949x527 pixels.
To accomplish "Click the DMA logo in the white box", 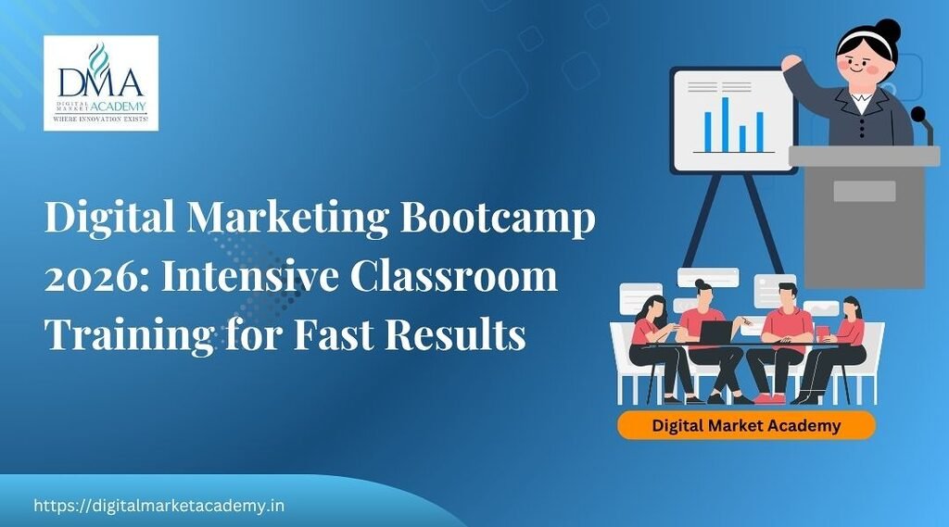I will (100, 82).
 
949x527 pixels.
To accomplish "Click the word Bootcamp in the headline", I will (499, 220).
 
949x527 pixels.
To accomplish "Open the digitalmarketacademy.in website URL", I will (158, 506).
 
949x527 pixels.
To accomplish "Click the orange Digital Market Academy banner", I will (746, 426).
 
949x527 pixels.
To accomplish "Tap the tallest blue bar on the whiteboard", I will (725, 123).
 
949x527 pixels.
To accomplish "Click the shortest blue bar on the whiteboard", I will (742, 138).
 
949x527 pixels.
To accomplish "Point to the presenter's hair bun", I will (887, 30).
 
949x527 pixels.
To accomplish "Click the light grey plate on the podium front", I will (864, 191).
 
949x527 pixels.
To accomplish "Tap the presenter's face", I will (864, 67).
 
